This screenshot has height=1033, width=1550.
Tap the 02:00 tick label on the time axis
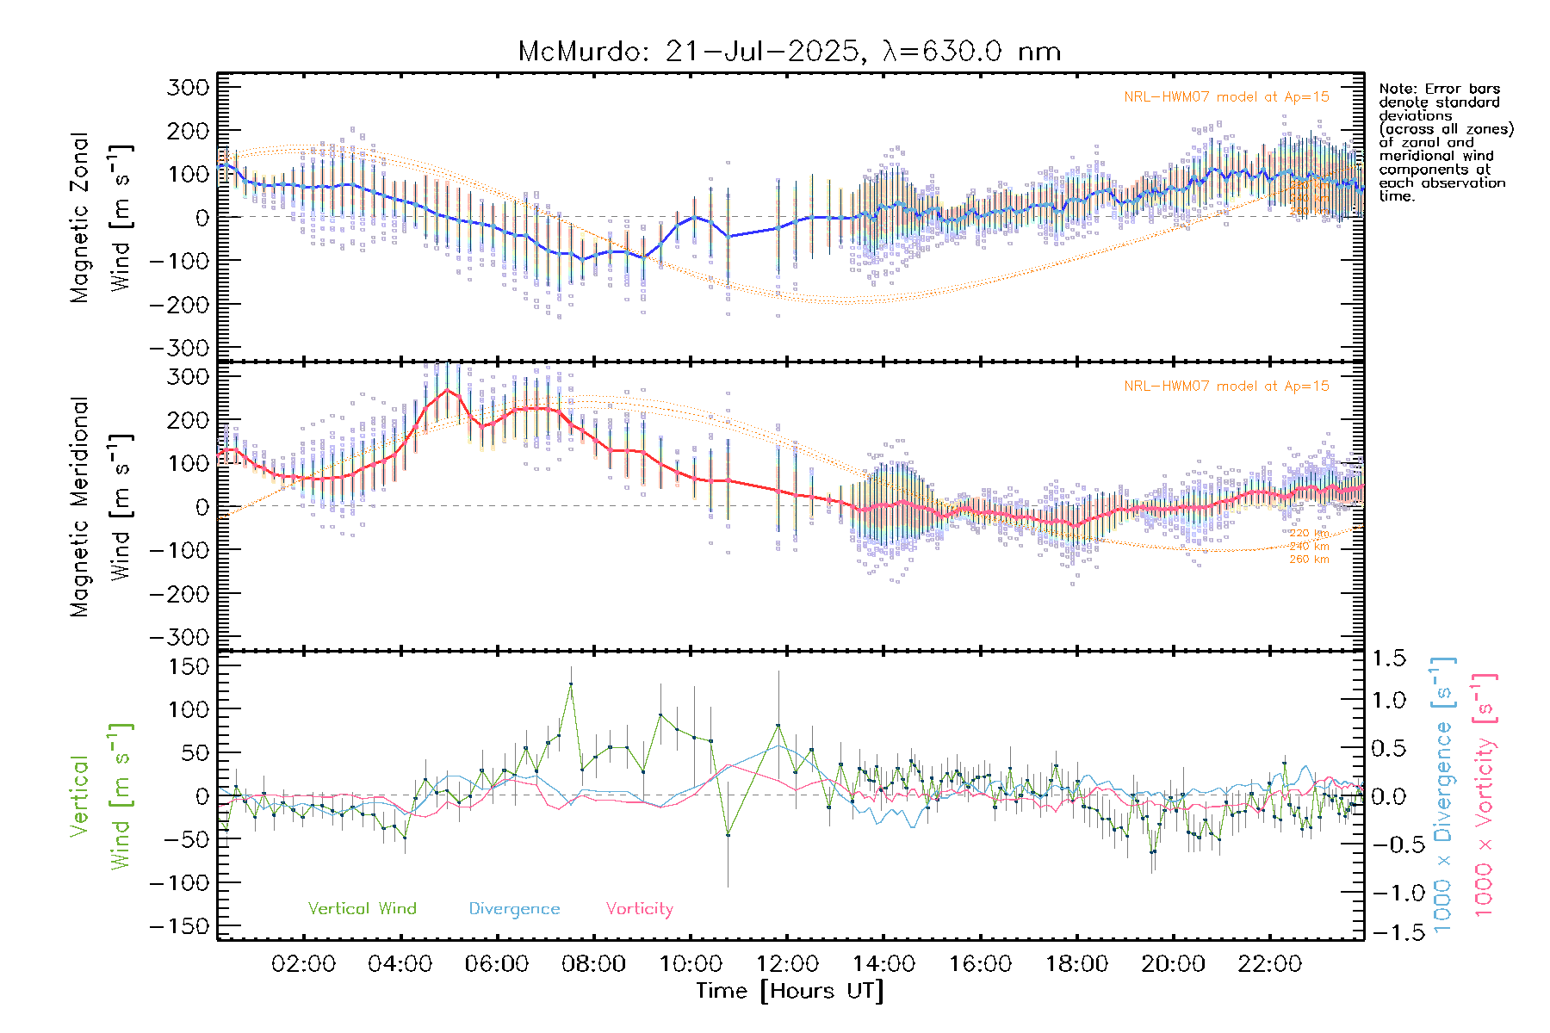coord(303,963)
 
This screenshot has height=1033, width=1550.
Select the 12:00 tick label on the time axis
coord(787,963)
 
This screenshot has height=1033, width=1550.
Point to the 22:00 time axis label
coord(1270,963)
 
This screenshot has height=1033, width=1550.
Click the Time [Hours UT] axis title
coord(790,991)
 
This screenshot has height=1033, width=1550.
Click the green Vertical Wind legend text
coord(362,908)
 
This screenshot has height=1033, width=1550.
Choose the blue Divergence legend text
coord(514,908)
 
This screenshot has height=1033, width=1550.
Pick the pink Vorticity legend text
coord(639,908)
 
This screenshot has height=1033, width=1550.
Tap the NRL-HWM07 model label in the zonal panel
coord(1226,97)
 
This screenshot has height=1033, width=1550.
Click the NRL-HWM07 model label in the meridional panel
coord(1226,387)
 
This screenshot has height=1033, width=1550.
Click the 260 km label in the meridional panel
coord(1309,560)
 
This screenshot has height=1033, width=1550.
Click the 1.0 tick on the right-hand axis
coord(1388,700)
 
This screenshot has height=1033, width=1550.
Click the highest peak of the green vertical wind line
coord(570,683)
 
